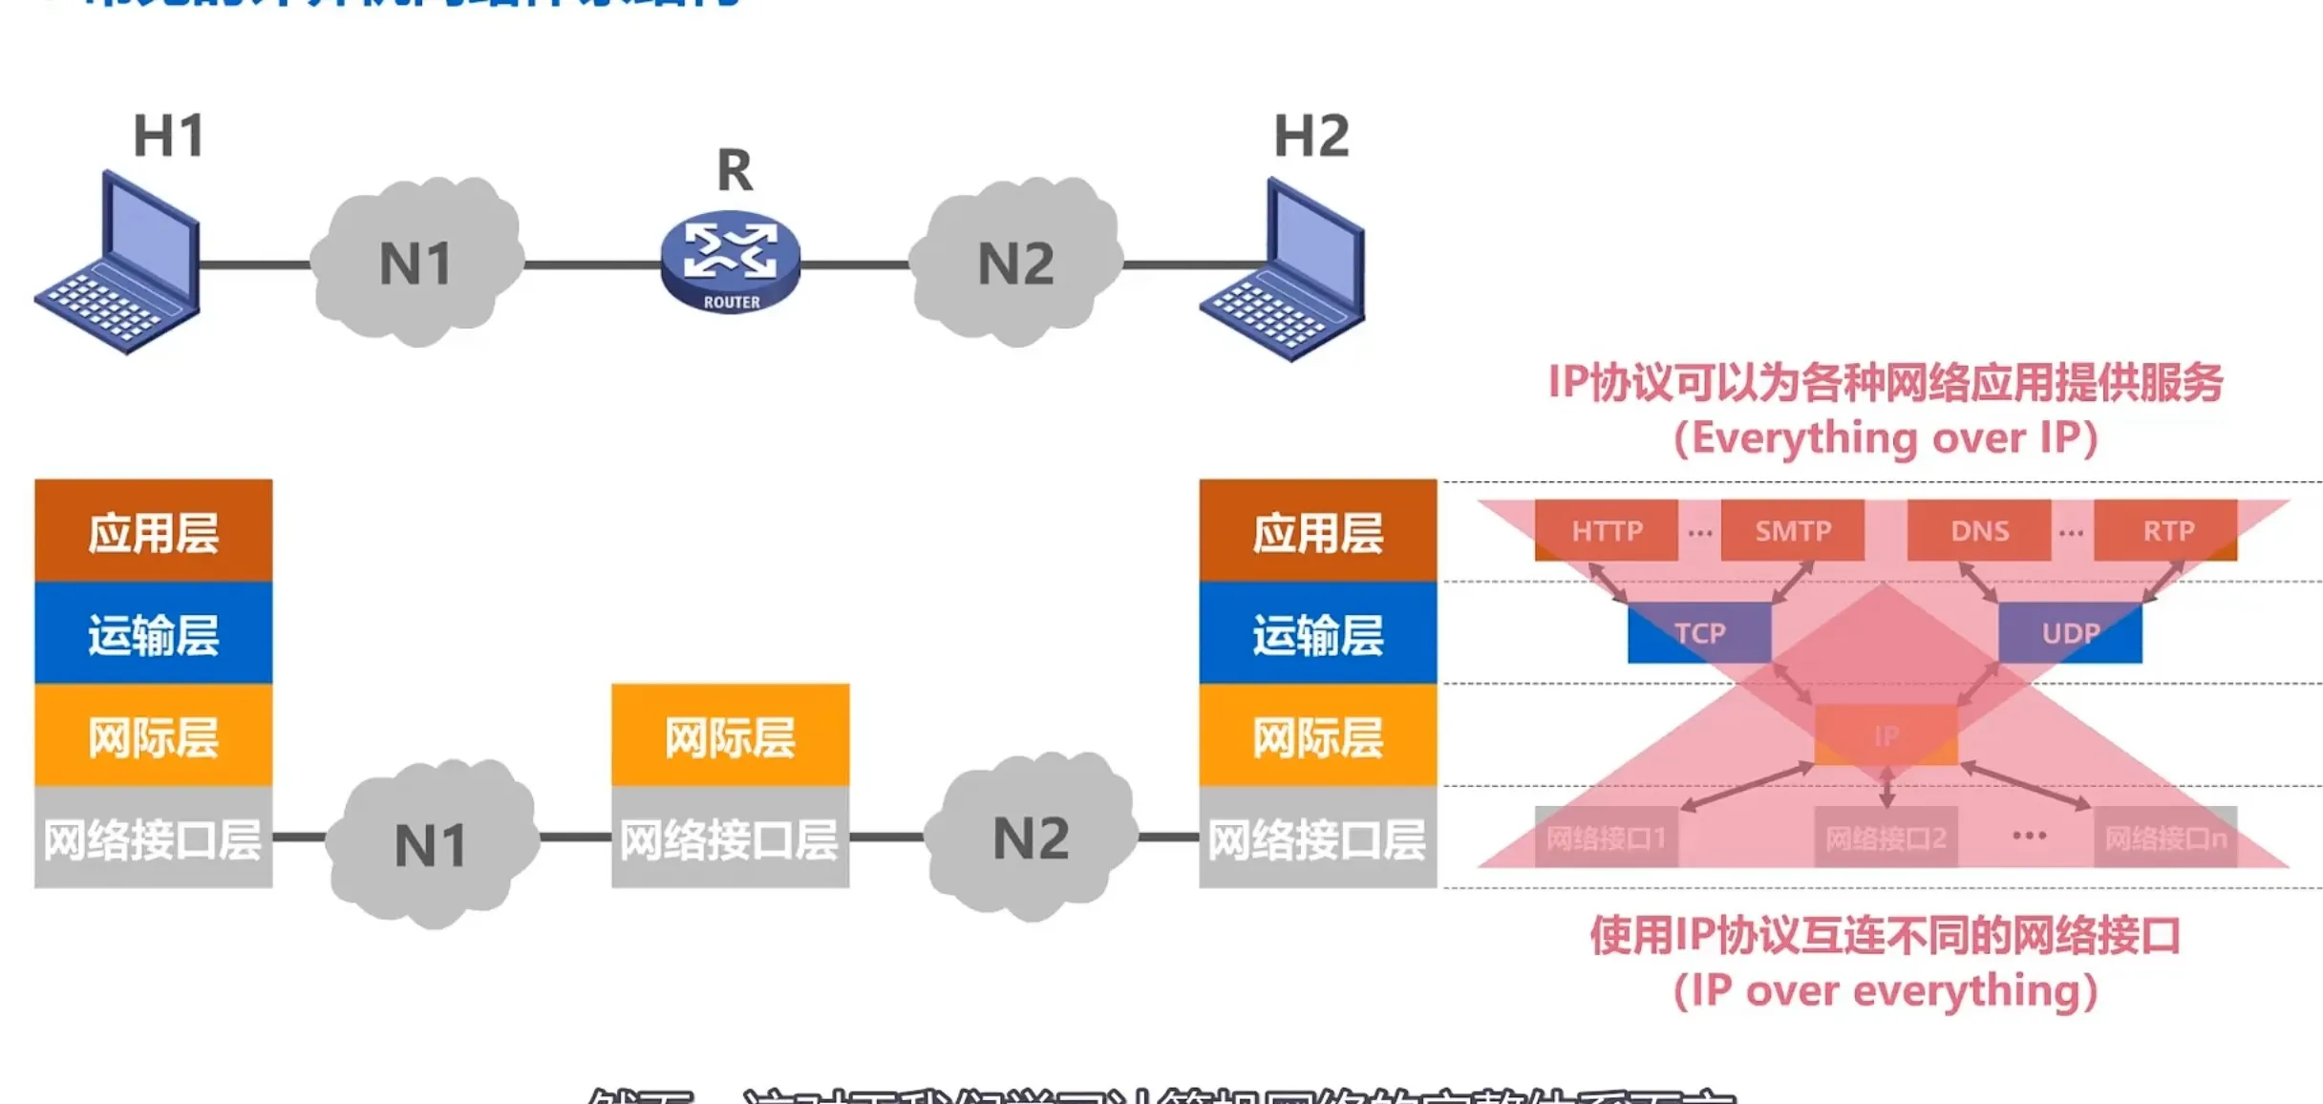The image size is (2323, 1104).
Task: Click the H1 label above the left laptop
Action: pos(169,136)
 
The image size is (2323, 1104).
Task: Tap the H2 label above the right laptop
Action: pos(1311,136)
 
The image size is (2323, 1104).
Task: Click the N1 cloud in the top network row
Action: pos(416,263)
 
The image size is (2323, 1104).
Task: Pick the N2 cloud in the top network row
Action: pos(1015,263)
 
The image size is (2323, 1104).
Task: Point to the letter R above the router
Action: pos(735,171)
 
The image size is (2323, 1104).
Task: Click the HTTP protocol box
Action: pos(1607,530)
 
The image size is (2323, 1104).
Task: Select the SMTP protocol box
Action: pos(1793,530)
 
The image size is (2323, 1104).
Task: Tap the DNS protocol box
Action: pos(1979,530)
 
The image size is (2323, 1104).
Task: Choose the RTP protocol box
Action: pos(2166,530)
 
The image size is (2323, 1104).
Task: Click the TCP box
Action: pos(1699,632)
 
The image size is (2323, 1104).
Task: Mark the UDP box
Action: pos(2070,632)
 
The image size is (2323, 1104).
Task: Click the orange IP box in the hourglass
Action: pos(1886,735)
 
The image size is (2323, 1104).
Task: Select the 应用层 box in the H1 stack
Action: pos(154,531)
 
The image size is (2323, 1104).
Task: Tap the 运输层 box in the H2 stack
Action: pos(1318,634)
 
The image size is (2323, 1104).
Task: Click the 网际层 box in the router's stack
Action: pos(731,735)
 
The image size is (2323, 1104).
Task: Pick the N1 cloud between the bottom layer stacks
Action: pos(431,844)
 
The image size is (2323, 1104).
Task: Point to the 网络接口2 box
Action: pos(1886,838)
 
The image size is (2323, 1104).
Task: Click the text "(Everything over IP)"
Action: pos(1886,438)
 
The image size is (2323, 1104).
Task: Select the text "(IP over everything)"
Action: pos(1886,990)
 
